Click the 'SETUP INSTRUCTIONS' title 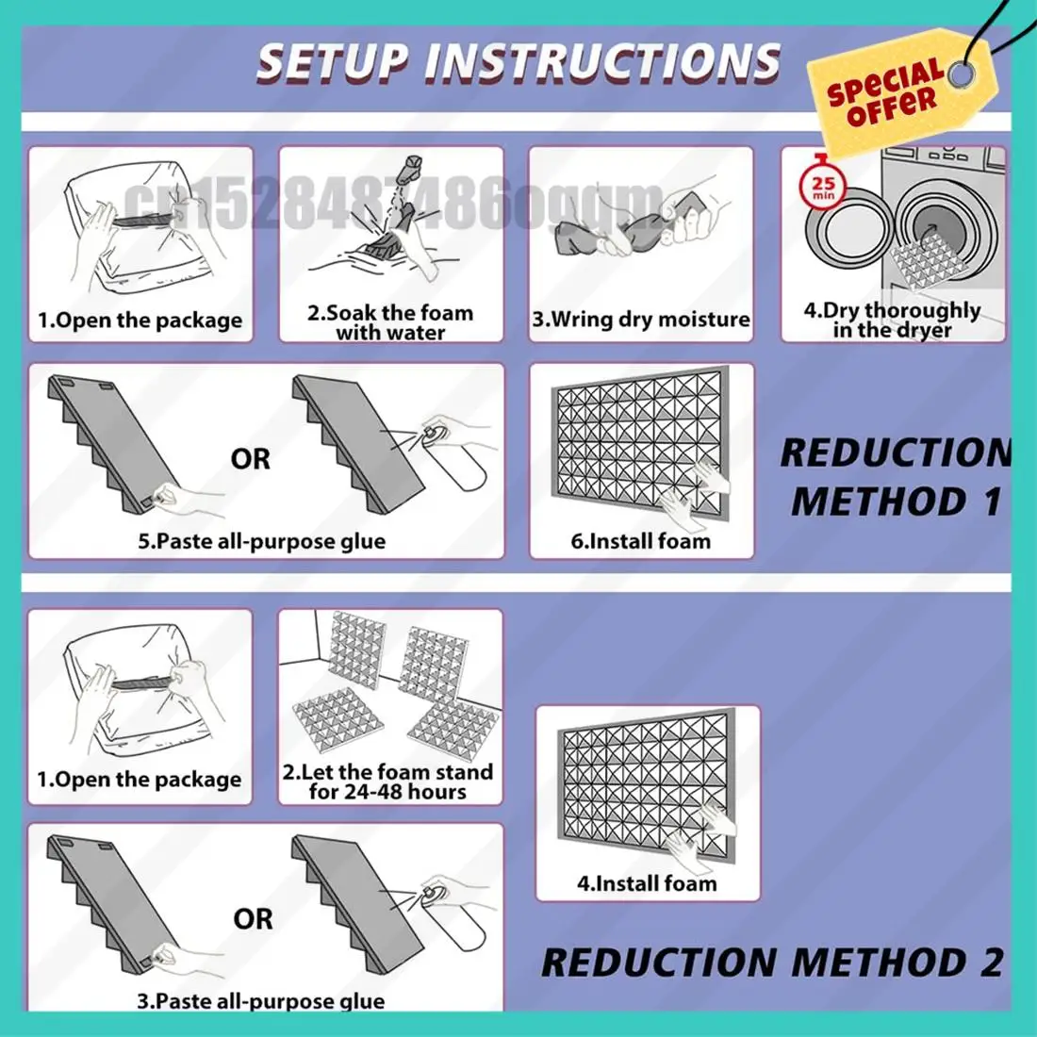click(x=518, y=62)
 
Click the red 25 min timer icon click(x=823, y=185)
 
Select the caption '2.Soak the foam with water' click(x=390, y=322)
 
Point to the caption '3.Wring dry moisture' click(x=641, y=320)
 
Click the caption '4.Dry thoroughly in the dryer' click(x=892, y=321)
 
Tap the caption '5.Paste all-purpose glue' click(x=262, y=542)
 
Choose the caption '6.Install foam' click(x=641, y=541)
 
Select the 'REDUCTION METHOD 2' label click(x=772, y=963)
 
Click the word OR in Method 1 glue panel click(x=250, y=460)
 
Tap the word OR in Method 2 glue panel click(x=253, y=919)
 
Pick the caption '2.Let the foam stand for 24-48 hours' click(x=388, y=782)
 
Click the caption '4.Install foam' click(x=647, y=884)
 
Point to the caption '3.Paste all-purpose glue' click(x=261, y=1001)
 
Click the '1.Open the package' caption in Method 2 click(x=140, y=780)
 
